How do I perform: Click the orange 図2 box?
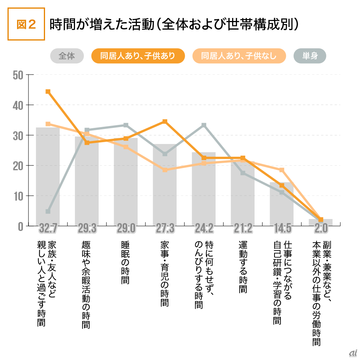click(26, 24)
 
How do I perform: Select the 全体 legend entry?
click(67, 56)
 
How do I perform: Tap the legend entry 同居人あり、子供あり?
click(138, 56)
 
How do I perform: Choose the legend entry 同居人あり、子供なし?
click(239, 56)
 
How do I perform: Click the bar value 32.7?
click(48, 228)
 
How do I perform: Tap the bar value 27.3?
click(165, 228)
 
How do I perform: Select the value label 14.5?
click(282, 228)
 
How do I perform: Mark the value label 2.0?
click(321, 228)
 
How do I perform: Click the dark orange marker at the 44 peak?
click(48, 91)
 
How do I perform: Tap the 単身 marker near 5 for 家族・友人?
click(48, 211)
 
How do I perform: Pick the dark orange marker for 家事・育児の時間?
click(165, 121)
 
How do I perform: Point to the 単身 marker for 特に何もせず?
click(204, 125)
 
